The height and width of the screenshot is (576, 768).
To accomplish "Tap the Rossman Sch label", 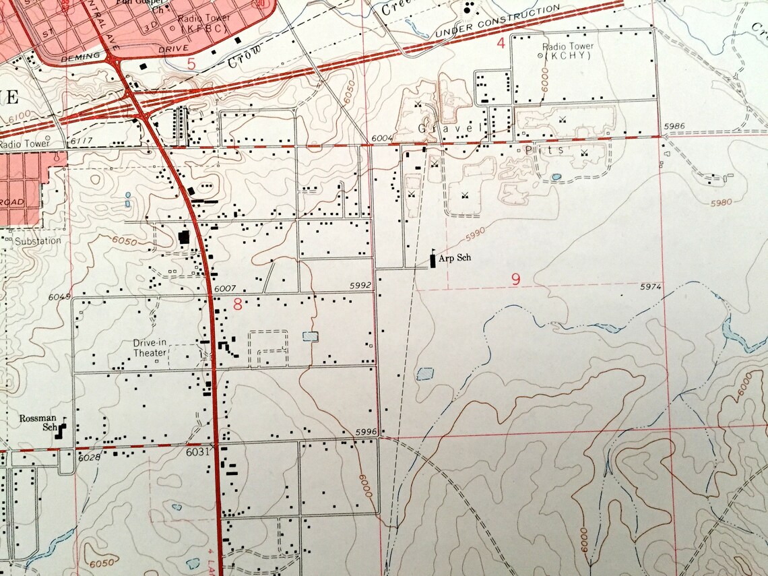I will (38, 422).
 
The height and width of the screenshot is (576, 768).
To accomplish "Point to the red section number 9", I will (515, 279).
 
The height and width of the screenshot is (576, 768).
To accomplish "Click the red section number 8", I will (237, 305).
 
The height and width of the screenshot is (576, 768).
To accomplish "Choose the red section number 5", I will (191, 65).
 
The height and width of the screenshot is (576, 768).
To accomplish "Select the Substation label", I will (38, 241).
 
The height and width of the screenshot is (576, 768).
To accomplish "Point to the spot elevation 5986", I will (674, 127).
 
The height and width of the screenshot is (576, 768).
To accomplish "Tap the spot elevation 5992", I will (360, 286).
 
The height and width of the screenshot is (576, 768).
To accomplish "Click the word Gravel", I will (449, 128).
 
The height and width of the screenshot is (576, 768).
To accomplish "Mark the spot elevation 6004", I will (381, 138).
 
